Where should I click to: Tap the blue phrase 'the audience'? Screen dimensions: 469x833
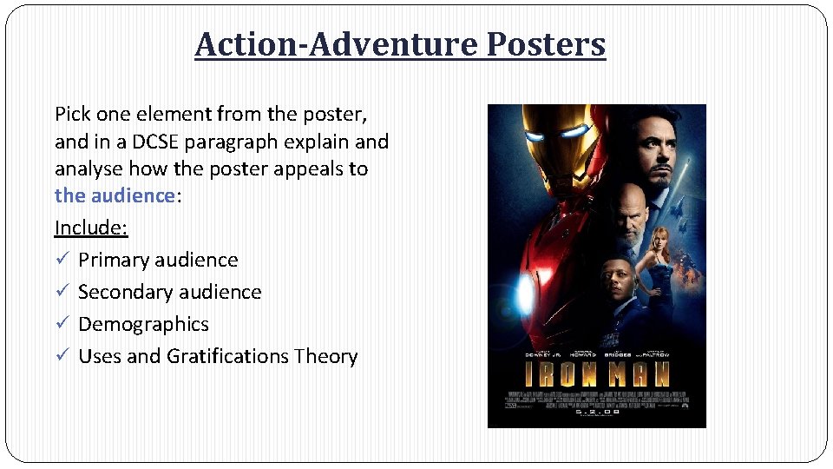[x=115, y=195]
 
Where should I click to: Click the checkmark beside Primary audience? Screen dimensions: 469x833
[x=61, y=260]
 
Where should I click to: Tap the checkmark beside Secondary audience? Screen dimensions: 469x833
[x=61, y=292]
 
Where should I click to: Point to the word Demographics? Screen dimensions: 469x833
[x=143, y=324]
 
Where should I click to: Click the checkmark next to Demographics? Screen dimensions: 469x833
[x=61, y=324]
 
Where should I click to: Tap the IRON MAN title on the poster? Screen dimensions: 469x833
[x=596, y=374]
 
